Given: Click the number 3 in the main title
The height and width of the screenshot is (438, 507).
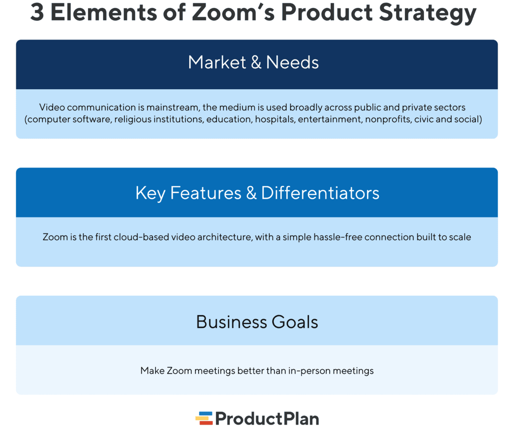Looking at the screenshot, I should click(x=38, y=13).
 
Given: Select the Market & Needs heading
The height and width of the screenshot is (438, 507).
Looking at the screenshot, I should click(x=253, y=62).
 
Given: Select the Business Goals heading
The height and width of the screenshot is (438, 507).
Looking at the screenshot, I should click(x=257, y=322).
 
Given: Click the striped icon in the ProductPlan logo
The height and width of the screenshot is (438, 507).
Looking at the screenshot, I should click(x=203, y=418).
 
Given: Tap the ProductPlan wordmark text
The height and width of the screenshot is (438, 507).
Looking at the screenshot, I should click(x=267, y=419).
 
